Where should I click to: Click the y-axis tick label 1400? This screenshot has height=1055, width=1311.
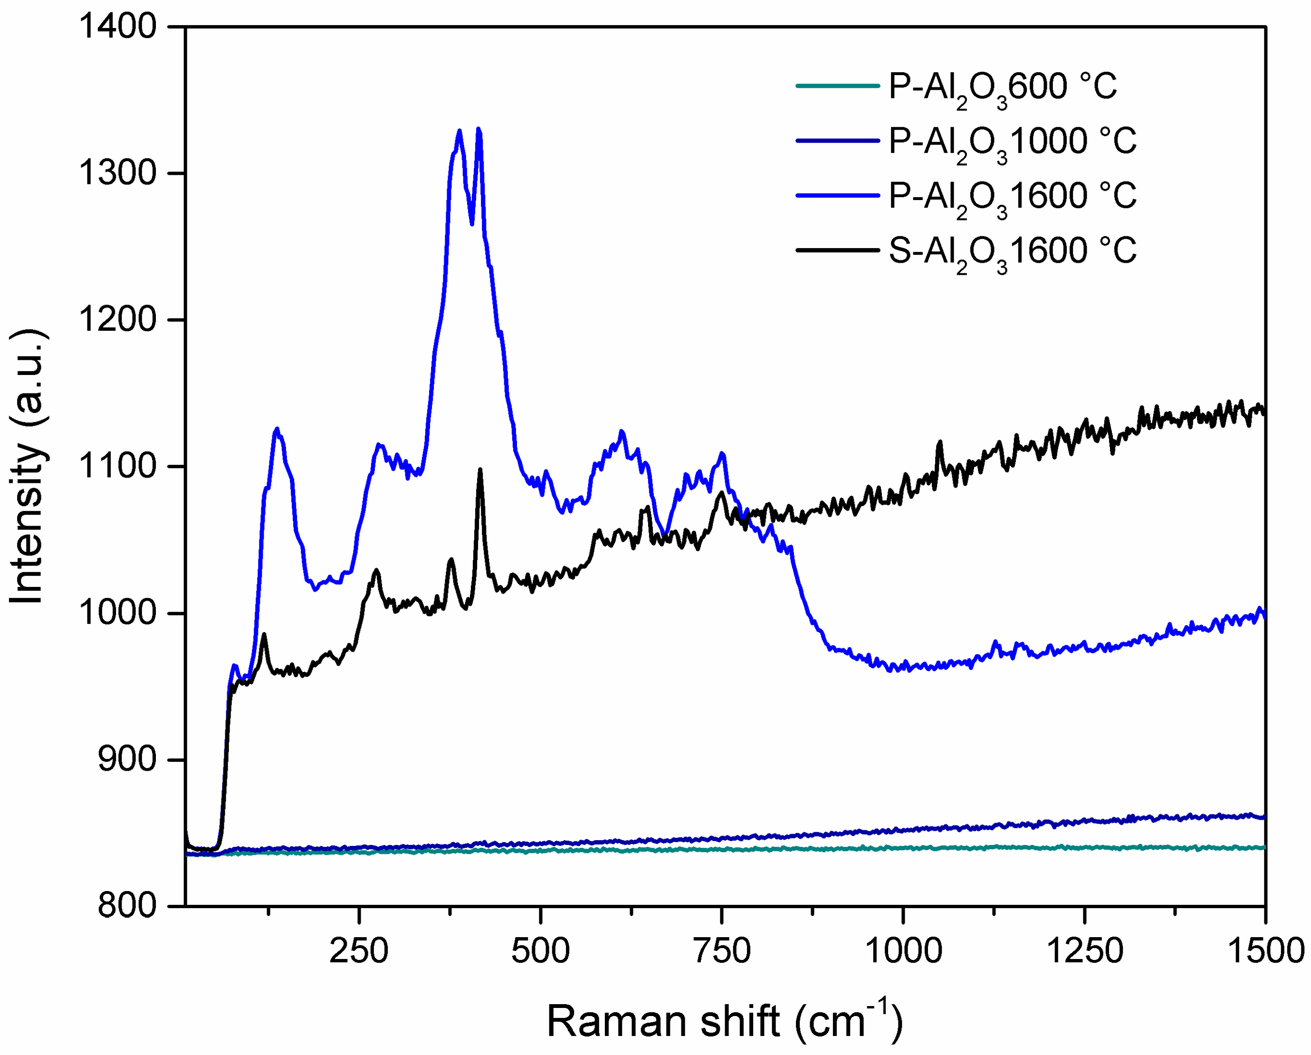click(117, 27)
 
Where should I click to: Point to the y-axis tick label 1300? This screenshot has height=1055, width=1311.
click(117, 173)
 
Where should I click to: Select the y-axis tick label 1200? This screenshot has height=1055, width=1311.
click(117, 319)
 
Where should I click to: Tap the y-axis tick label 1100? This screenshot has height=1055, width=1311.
click(117, 466)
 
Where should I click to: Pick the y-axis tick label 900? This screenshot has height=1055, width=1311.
click(127, 759)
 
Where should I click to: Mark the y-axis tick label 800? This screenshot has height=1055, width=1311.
click(127, 906)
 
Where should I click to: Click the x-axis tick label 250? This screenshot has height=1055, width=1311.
click(359, 951)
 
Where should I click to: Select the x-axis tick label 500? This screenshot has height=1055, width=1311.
click(541, 951)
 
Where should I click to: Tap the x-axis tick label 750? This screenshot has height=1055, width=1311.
click(722, 951)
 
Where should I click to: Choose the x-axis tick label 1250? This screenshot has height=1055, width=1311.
click(1084, 951)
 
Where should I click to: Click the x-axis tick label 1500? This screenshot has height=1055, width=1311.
click(1265, 951)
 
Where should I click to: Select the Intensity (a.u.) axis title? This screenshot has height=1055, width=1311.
click(28, 466)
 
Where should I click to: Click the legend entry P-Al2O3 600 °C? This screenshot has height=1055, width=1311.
click(1002, 87)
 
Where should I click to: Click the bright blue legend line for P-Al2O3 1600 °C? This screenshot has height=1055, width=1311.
click(837, 195)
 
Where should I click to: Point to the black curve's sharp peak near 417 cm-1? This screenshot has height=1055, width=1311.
click(480, 470)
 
